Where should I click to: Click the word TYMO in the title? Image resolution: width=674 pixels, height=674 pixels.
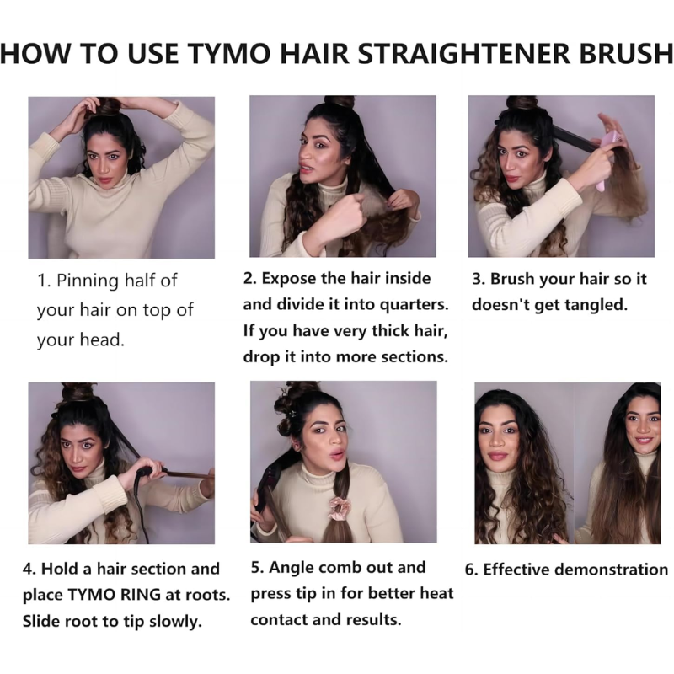tap(230, 54)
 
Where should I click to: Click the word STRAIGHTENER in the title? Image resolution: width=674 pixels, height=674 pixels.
tap(464, 54)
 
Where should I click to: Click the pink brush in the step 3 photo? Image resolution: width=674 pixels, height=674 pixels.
tap(606, 161)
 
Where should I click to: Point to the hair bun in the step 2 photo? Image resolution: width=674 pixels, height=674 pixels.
tap(340, 102)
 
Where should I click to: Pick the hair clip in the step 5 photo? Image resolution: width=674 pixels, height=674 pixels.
tap(292, 415)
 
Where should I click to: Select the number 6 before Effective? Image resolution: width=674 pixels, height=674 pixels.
tap(471, 570)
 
